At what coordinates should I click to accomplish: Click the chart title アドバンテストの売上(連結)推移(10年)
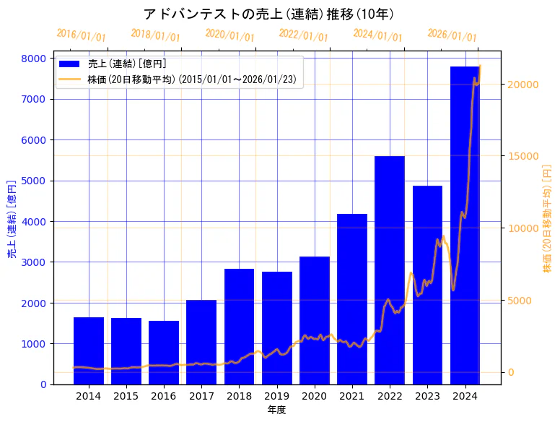coord(268,14)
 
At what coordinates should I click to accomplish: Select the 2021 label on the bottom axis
coord(351,396)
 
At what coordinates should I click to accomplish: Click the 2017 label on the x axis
coord(201,396)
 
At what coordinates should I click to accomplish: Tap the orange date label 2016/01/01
coord(81,35)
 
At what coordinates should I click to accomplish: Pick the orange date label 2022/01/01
coord(303,35)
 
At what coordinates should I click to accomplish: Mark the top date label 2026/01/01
coord(452,35)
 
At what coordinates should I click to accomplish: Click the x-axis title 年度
coord(276,410)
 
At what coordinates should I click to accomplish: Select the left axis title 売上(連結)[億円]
coord(12,221)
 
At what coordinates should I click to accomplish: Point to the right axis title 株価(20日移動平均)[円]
coord(547,221)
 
